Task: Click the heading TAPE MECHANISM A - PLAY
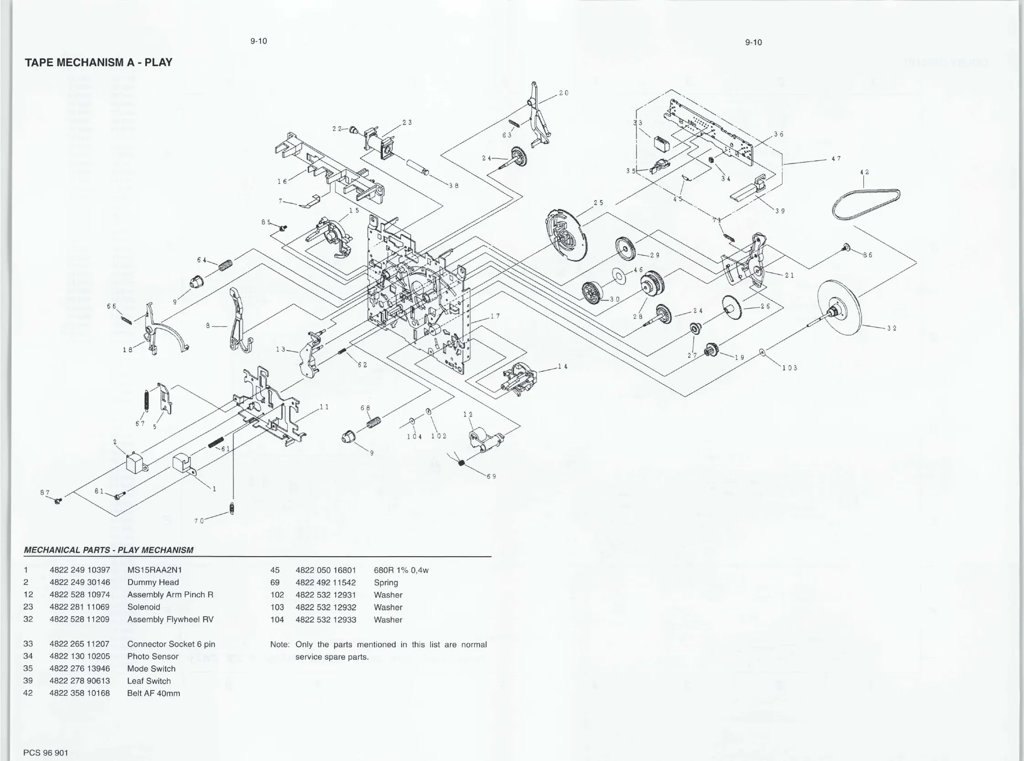(98, 62)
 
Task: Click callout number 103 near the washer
(789, 368)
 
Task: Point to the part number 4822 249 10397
(80, 570)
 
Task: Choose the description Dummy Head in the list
(153, 582)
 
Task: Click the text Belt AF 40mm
(153, 693)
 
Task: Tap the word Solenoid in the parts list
(144, 607)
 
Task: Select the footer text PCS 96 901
(46, 753)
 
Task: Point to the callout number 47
(836, 158)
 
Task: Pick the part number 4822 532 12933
(326, 620)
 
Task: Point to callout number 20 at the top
(564, 93)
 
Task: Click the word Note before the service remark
(279, 645)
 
